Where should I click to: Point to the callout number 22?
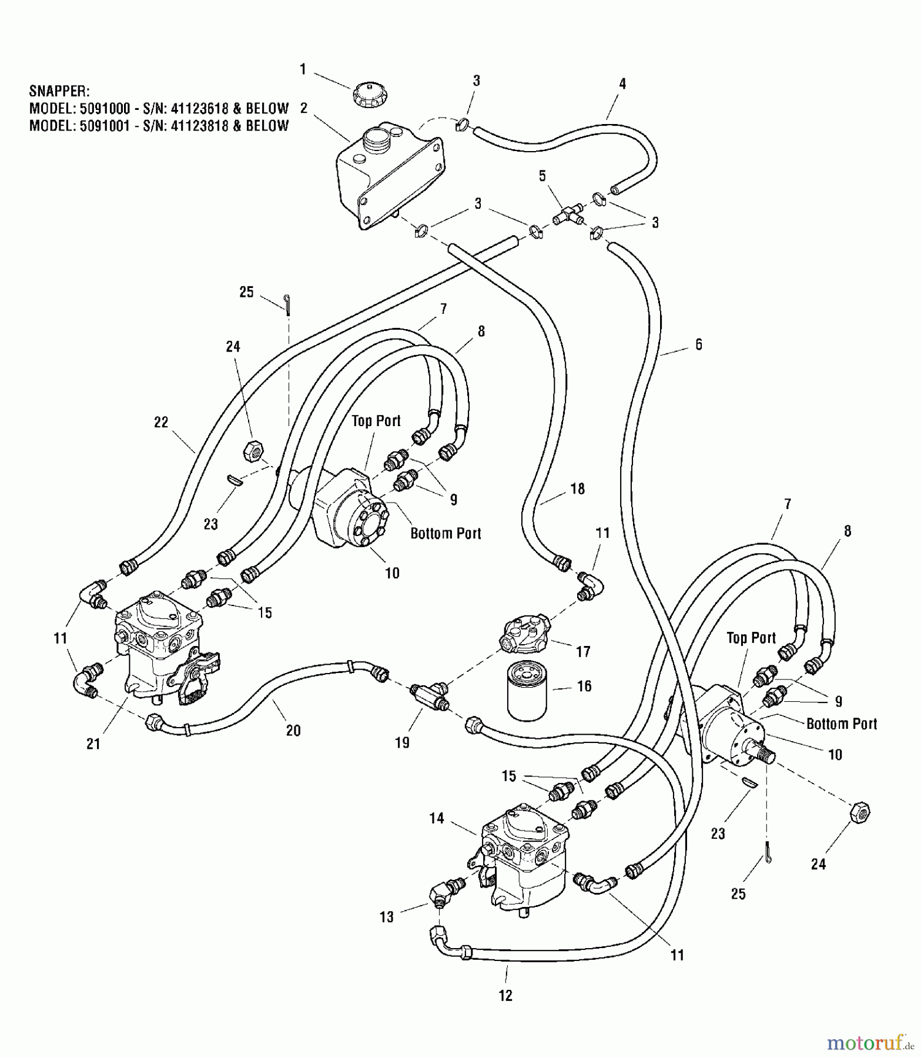click(161, 422)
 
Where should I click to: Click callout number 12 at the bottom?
click(505, 995)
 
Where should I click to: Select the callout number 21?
click(93, 744)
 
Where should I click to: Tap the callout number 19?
click(402, 742)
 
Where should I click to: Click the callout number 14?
click(436, 818)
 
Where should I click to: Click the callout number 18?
click(578, 488)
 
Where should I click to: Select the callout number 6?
click(698, 344)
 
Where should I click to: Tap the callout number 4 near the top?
click(622, 83)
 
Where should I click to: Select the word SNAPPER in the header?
click(59, 91)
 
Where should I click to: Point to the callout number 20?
click(293, 730)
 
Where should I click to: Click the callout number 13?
click(386, 916)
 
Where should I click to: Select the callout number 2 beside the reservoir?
click(304, 108)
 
